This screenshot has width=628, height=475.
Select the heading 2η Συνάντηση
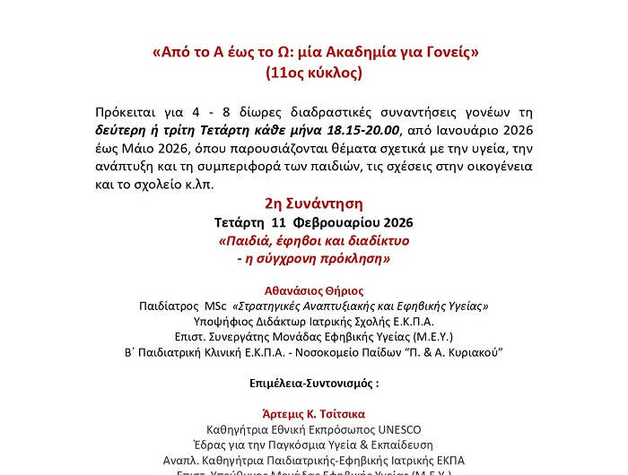(x=313, y=203)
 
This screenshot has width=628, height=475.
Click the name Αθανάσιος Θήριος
(x=313, y=290)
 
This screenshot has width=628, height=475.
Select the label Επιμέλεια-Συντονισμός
(x=313, y=383)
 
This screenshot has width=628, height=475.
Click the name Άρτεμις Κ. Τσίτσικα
(x=313, y=415)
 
